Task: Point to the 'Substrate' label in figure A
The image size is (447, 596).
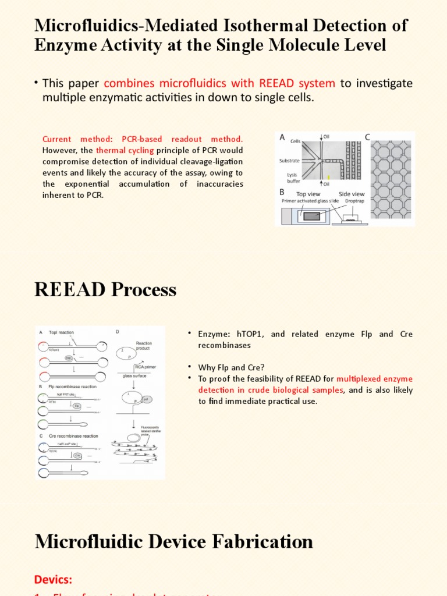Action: (x=289, y=160)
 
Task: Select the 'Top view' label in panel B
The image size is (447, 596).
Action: (x=309, y=194)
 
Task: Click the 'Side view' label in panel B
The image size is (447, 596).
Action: (x=352, y=194)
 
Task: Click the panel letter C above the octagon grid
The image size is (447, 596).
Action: (x=367, y=137)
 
